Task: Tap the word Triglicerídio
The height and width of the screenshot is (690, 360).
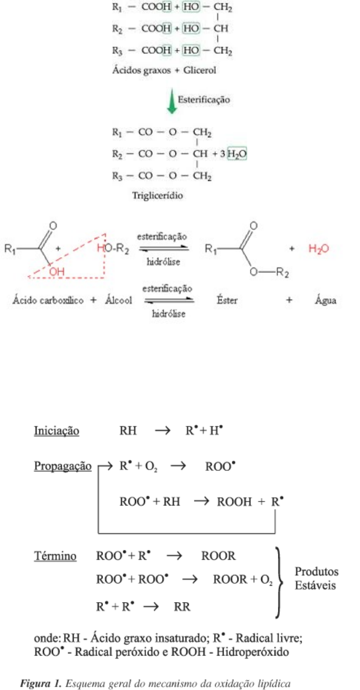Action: click(158, 196)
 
